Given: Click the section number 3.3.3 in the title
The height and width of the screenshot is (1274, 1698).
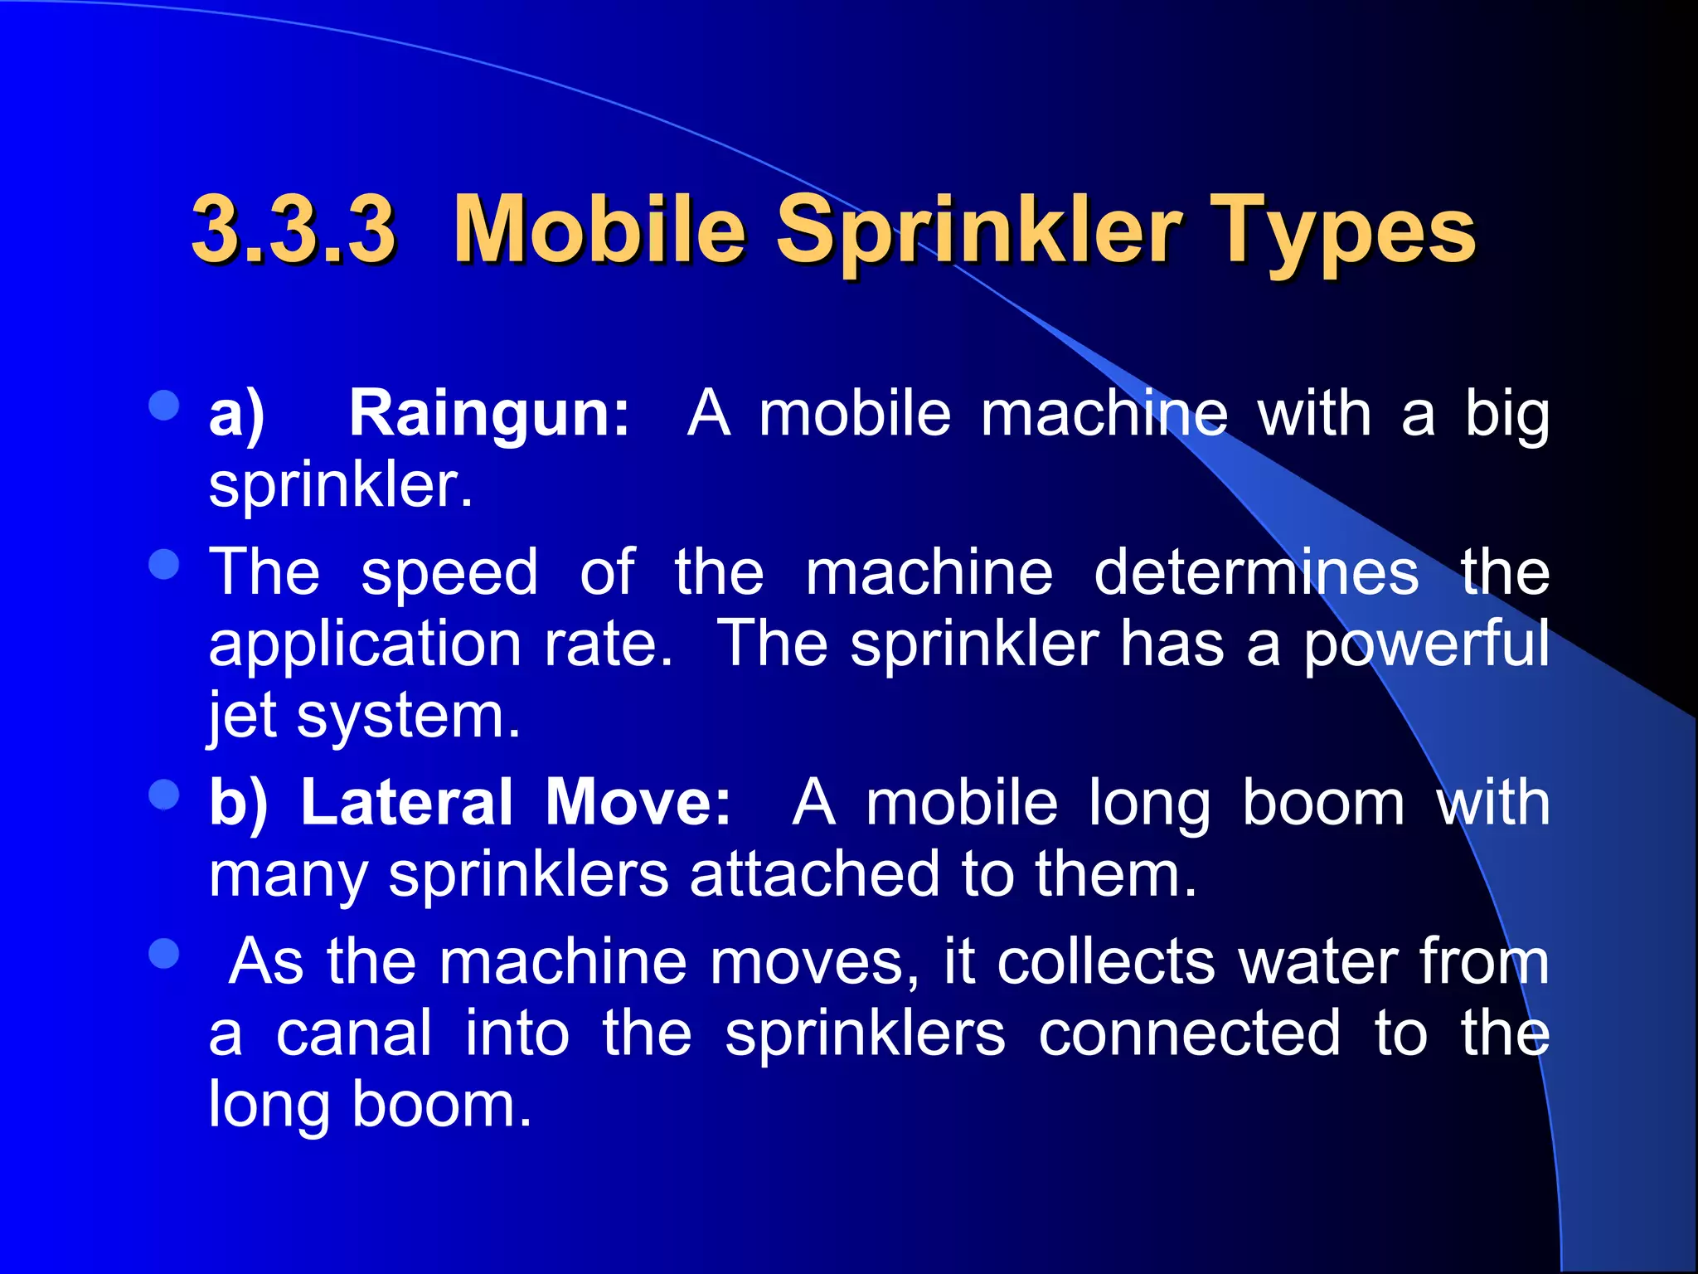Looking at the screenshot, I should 294,229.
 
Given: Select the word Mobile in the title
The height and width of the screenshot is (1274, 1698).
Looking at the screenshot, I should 599,229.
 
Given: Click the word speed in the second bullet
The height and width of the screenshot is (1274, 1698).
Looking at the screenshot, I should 449,574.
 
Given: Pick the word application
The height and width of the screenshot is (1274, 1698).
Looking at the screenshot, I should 364,645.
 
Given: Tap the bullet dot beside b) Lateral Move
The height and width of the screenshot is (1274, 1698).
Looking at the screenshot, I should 164,795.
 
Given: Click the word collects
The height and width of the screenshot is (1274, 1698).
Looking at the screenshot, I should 1106,962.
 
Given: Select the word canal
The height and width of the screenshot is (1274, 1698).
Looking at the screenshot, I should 354,1033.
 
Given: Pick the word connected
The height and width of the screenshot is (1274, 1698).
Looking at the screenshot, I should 1189,1033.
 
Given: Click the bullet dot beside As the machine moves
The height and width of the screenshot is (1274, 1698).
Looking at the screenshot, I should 164,954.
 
